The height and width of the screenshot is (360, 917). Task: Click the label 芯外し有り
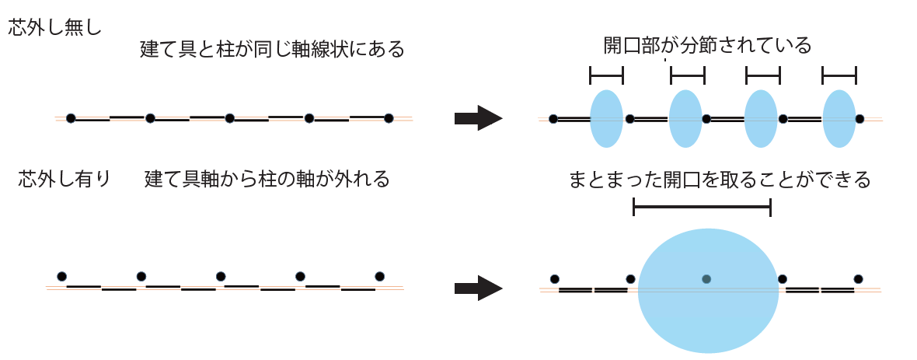tap(65, 180)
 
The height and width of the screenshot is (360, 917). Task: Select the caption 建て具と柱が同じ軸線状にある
tap(272, 51)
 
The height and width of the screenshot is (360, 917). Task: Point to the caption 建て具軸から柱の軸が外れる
tap(267, 180)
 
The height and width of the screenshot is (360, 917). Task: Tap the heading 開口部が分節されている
tap(707, 46)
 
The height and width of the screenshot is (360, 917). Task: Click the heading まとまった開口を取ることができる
tap(720, 180)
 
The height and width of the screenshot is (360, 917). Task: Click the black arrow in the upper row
tap(478, 118)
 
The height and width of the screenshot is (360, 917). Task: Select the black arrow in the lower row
tap(478, 288)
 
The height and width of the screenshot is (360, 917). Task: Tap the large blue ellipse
tap(708, 290)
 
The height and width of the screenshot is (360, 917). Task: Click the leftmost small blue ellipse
tap(606, 118)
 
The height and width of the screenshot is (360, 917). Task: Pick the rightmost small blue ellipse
tap(839, 118)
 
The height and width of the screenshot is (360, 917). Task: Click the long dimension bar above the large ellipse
tap(702, 207)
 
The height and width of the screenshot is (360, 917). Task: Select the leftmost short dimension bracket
tap(606, 75)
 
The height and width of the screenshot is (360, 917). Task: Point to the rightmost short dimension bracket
tap(839, 75)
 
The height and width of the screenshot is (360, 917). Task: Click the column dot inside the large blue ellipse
tap(706, 278)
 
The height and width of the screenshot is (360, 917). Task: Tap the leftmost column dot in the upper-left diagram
tap(71, 118)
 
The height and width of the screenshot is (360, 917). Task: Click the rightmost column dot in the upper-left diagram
tap(389, 118)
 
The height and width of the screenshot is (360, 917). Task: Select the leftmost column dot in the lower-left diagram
tap(62, 276)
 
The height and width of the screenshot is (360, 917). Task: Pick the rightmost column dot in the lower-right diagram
tap(858, 278)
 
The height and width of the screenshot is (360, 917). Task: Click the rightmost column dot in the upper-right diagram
tap(859, 119)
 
